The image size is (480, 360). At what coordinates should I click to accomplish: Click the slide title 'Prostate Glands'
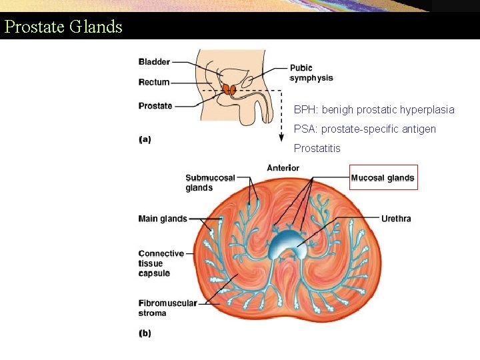pos(63,27)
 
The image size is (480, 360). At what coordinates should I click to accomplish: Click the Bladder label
pos(154,62)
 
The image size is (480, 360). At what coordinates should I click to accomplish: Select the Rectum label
pos(154,83)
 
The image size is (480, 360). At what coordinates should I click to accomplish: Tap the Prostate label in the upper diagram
pos(155,105)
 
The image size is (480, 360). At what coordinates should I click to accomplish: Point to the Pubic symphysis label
pos(311,73)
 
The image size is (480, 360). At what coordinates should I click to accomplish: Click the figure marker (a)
pos(145,139)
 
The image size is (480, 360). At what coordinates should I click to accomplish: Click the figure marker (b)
pos(145,333)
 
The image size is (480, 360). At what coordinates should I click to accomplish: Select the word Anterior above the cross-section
pos(283,168)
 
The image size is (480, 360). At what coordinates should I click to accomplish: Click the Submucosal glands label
pos(210,183)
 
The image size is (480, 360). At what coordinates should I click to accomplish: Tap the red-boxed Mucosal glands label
pos(383,178)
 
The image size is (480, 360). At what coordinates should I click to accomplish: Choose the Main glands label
pos(162,219)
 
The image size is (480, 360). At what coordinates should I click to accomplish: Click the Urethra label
pos(396,219)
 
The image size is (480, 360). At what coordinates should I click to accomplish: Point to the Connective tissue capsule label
pos(161,263)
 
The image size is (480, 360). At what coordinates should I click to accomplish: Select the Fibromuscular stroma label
pos(167,308)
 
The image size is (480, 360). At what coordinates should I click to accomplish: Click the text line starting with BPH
pos(374,109)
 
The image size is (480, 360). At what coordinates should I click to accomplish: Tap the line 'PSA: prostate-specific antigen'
pos(365,129)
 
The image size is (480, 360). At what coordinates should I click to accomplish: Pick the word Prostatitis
pos(317,148)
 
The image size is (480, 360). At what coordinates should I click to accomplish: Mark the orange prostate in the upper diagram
pos(230,89)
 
